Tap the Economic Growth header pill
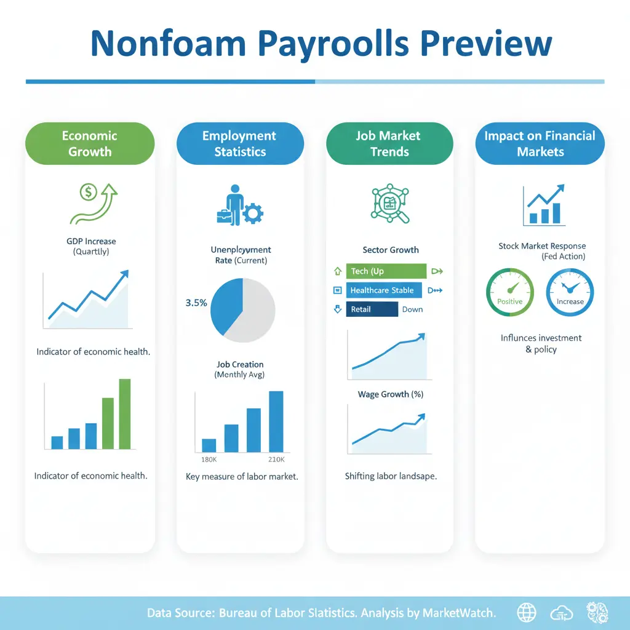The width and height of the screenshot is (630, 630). point(90,143)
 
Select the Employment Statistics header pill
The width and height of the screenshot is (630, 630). point(240,143)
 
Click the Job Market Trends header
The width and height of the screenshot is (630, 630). point(389,143)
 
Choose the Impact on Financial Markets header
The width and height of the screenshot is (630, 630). point(540,143)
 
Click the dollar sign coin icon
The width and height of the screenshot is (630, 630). point(89,192)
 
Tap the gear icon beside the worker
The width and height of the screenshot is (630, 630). point(253,213)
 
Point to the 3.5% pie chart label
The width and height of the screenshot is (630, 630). point(196,303)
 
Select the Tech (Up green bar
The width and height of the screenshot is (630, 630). point(386,271)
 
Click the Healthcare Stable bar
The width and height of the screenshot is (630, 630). point(384,290)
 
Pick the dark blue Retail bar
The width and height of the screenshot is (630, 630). point(372,309)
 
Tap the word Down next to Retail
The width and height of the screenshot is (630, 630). point(413,309)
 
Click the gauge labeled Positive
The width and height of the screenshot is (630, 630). point(510,292)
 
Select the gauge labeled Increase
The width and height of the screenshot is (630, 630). point(570,292)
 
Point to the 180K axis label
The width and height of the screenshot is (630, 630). point(209,459)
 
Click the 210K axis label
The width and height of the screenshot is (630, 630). point(276,459)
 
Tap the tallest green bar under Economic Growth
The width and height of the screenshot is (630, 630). point(125,414)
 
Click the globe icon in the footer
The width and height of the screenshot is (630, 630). point(527,613)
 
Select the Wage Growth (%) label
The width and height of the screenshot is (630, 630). point(391,394)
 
